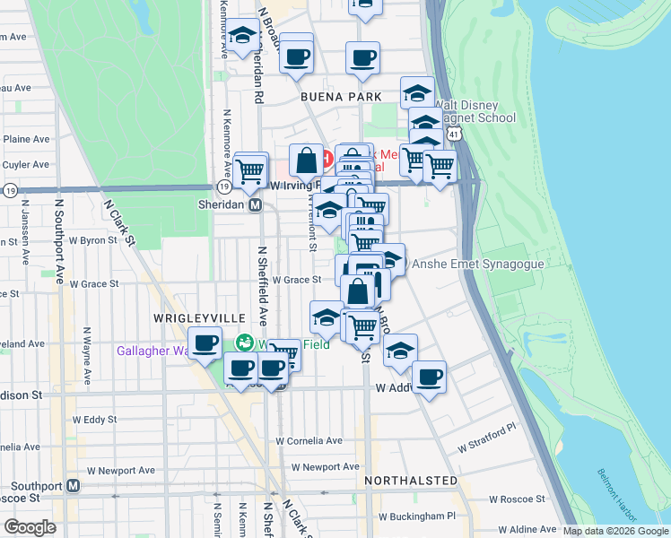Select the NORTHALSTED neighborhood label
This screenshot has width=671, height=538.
(411, 481)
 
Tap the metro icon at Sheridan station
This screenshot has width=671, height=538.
(255, 204)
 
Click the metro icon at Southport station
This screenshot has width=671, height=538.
(74, 486)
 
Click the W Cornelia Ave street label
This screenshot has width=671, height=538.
(309, 440)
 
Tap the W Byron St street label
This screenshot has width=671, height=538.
(92, 240)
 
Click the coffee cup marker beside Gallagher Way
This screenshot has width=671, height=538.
(205, 343)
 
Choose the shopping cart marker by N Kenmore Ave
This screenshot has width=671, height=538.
(250, 168)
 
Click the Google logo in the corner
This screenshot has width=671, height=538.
(30, 527)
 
